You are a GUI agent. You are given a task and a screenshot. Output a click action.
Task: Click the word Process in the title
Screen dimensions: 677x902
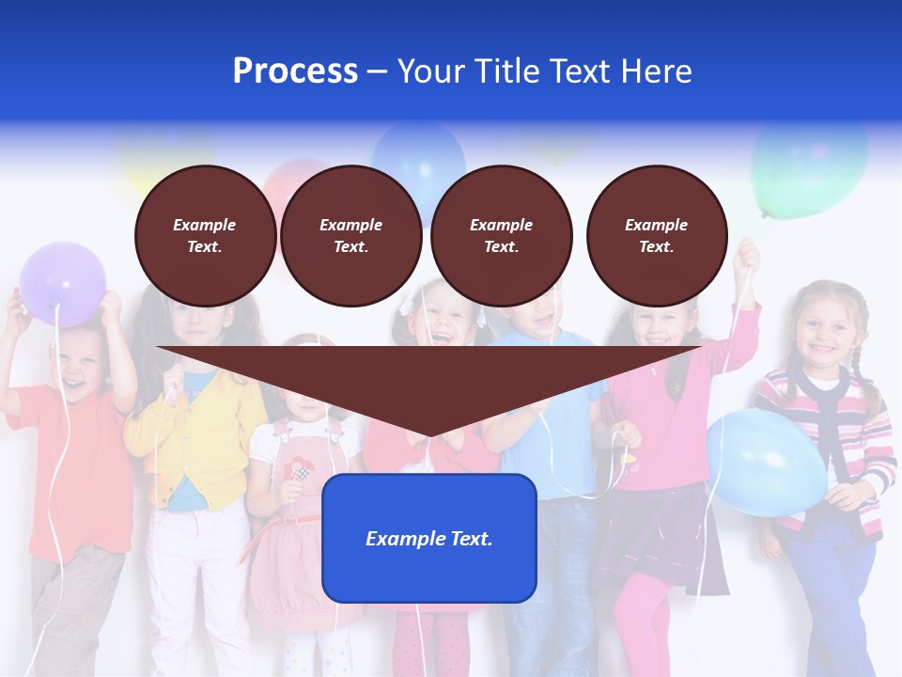click(295, 71)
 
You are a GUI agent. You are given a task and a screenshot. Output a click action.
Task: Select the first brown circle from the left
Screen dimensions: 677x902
click(205, 235)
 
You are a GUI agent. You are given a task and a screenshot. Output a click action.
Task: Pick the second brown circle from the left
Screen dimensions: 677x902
click(350, 235)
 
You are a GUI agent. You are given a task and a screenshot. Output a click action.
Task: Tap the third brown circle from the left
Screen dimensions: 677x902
click(501, 235)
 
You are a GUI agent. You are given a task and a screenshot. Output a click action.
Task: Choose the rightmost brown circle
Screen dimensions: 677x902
click(656, 235)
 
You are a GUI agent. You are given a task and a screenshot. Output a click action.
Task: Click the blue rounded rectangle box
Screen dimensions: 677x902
click(428, 538)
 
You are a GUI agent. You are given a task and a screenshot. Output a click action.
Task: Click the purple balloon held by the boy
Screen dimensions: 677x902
click(63, 282)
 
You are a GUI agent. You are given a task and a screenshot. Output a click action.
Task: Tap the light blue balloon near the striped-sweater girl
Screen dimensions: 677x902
click(766, 462)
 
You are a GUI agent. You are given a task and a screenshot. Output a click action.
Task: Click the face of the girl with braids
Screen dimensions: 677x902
click(822, 334)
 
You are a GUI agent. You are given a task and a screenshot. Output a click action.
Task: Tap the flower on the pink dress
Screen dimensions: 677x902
click(299, 467)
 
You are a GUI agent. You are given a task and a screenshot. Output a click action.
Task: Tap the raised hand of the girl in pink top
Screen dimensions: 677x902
click(748, 254)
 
